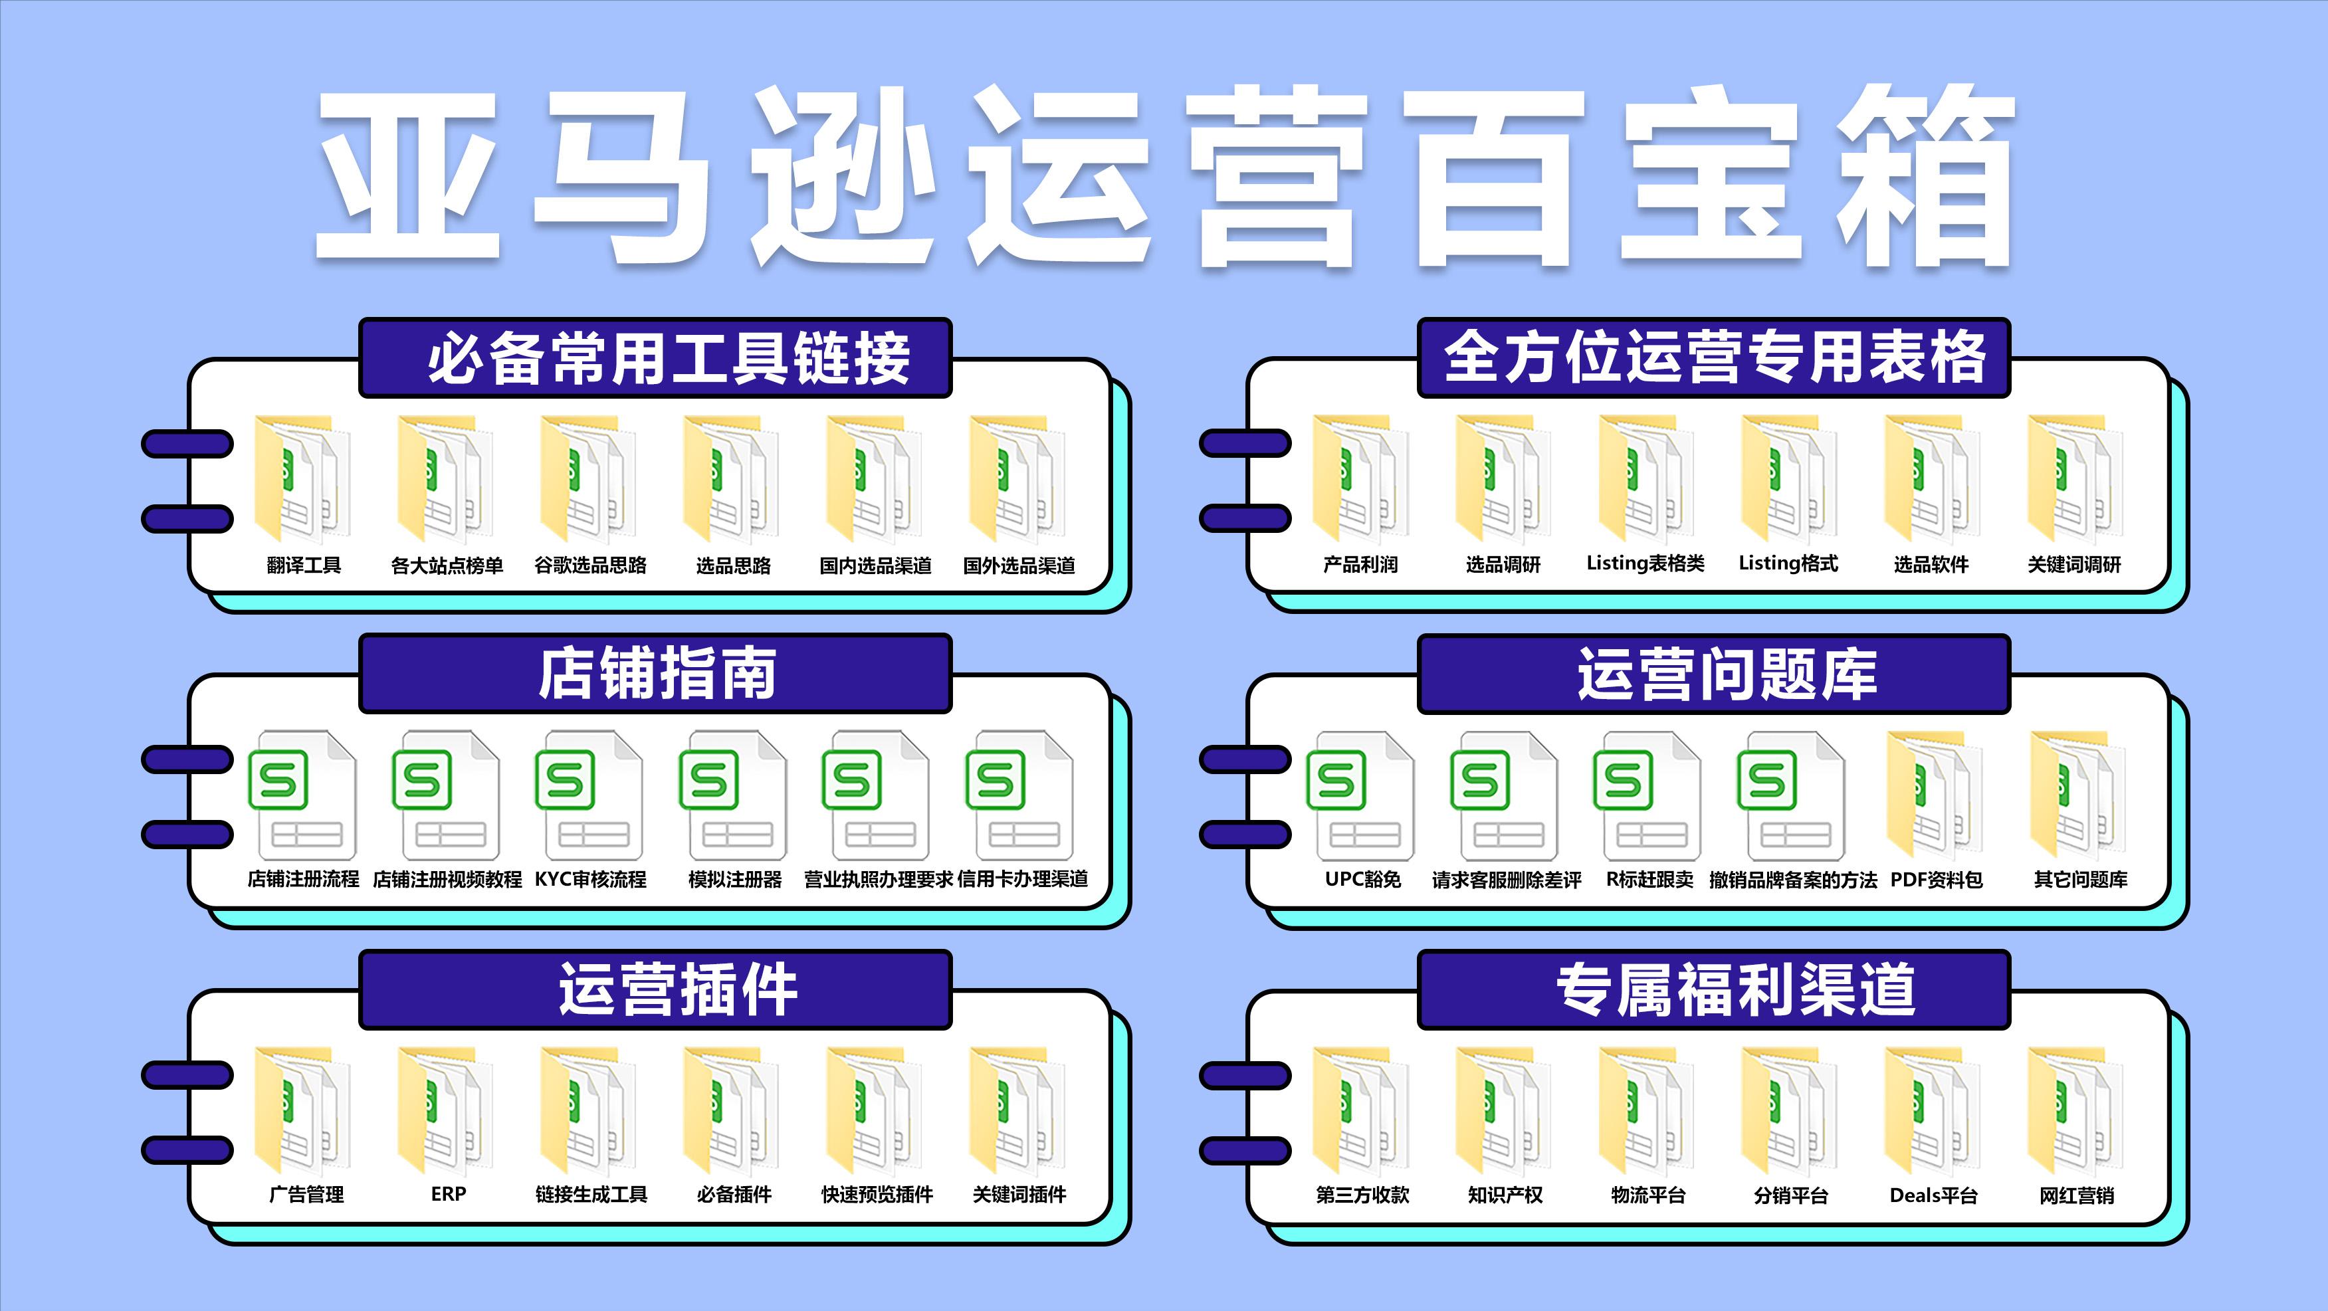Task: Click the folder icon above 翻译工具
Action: pos(302,479)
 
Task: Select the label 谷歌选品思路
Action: pos(590,565)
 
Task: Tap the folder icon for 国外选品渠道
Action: pos(1017,479)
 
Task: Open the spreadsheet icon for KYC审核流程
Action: pos(588,795)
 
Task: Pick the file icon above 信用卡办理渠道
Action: pos(1019,795)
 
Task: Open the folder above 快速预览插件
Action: pos(874,1111)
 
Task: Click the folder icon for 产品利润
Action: pos(1359,479)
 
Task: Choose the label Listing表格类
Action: pos(1645,563)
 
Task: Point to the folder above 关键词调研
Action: pos(2074,479)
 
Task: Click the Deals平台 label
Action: pos(1933,1195)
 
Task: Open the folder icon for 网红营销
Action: pos(2074,1111)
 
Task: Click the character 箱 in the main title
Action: pos(1925,176)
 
